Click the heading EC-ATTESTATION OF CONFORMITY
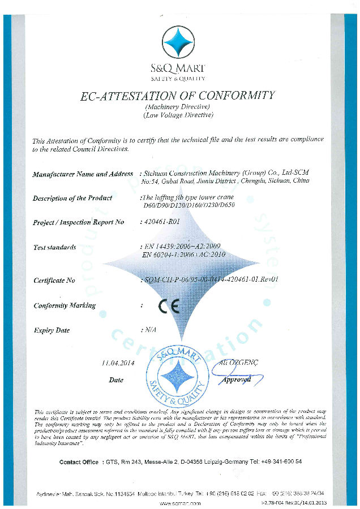point(178,96)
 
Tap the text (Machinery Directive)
point(178,107)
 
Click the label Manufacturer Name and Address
point(83,174)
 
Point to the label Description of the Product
point(72,198)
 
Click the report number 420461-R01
point(162,222)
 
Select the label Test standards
point(54,247)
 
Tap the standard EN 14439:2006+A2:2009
point(179,247)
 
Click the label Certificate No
point(54,280)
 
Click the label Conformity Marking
point(64,305)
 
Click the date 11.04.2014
point(117,363)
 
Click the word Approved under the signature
point(236,380)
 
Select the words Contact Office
point(79,462)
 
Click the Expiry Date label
point(52,330)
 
